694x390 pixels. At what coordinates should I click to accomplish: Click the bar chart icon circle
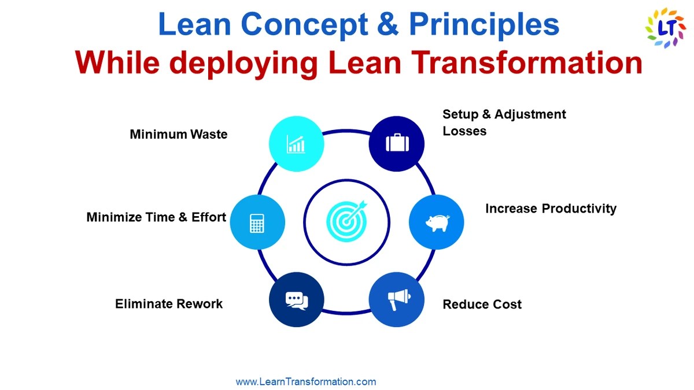(297, 144)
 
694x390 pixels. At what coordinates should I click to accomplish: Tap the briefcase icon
(397, 143)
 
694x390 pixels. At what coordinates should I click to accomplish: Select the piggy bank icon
(437, 222)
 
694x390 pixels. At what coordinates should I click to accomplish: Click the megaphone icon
(397, 299)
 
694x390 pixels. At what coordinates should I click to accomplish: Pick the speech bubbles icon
(297, 300)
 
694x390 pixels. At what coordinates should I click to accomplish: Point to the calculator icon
(257, 222)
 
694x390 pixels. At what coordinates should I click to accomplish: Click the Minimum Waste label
(179, 135)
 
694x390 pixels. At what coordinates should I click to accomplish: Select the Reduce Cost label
(482, 304)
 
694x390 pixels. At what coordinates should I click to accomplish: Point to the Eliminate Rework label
(169, 304)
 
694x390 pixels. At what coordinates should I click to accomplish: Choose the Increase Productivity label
(551, 209)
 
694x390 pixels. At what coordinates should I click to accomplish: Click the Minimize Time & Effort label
(156, 218)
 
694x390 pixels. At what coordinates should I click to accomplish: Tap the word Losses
(464, 131)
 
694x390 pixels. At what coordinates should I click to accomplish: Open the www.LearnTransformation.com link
(306, 382)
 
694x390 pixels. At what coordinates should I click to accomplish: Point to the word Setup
(459, 114)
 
